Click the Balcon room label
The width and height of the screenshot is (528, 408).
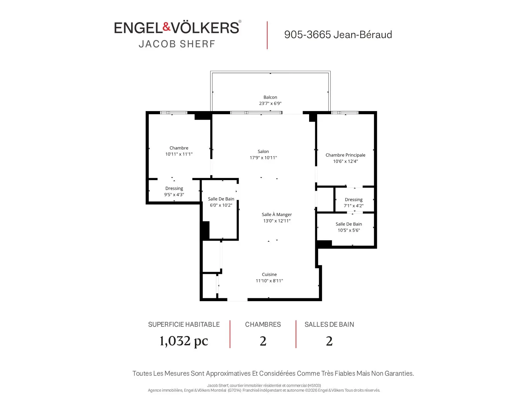pos(270,97)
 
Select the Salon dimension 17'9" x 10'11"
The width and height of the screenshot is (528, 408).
pos(263,158)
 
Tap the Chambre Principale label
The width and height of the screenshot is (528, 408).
pos(345,155)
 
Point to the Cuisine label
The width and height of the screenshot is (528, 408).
pos(269,274)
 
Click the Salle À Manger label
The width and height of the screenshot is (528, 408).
pos(277,214)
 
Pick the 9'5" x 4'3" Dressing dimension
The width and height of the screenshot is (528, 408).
pos(174,195)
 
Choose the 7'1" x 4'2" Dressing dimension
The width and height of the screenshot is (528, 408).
pos(354,206)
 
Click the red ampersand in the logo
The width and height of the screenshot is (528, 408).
pos(166,27)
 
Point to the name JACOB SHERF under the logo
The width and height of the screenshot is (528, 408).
pos(177,44)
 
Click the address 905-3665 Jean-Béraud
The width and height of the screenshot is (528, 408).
pos(338,35)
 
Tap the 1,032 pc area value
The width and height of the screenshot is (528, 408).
pos(184,341)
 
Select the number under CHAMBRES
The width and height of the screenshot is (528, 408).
pos(263,341)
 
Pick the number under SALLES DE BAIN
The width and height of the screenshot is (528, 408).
pos(329,341)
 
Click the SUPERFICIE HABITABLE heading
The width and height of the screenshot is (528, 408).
pos(184,324)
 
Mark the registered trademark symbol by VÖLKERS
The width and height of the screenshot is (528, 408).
pos(240,21)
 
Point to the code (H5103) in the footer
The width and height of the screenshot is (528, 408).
pos(314,385)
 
